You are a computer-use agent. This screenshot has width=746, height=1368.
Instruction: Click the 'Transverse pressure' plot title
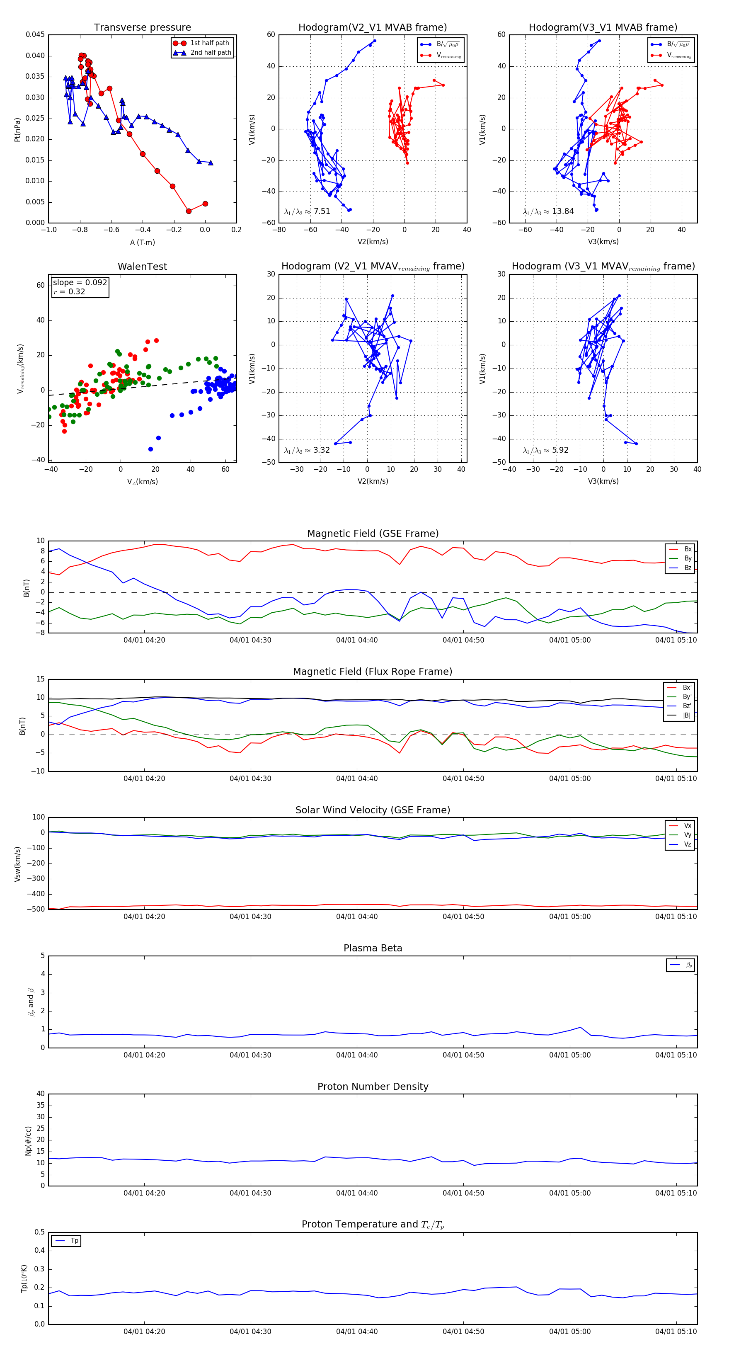pos(142,28)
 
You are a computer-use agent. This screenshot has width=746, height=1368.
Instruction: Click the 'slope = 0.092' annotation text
pos(80,283)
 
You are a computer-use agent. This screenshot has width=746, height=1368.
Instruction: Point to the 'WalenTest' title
pos(142,267)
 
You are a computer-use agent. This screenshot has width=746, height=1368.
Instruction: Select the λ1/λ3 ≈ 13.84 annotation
pos(548,211)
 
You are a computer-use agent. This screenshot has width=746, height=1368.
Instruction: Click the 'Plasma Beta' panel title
pos(373,948)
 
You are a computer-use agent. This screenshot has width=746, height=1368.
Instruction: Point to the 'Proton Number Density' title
pos(373,1087)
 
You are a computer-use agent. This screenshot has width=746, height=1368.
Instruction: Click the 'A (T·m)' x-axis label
pos(142,243)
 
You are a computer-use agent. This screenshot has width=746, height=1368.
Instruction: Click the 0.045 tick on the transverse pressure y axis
pos(35,35)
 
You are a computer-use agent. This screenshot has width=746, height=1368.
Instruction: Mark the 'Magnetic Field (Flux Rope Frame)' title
pos(373,672)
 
